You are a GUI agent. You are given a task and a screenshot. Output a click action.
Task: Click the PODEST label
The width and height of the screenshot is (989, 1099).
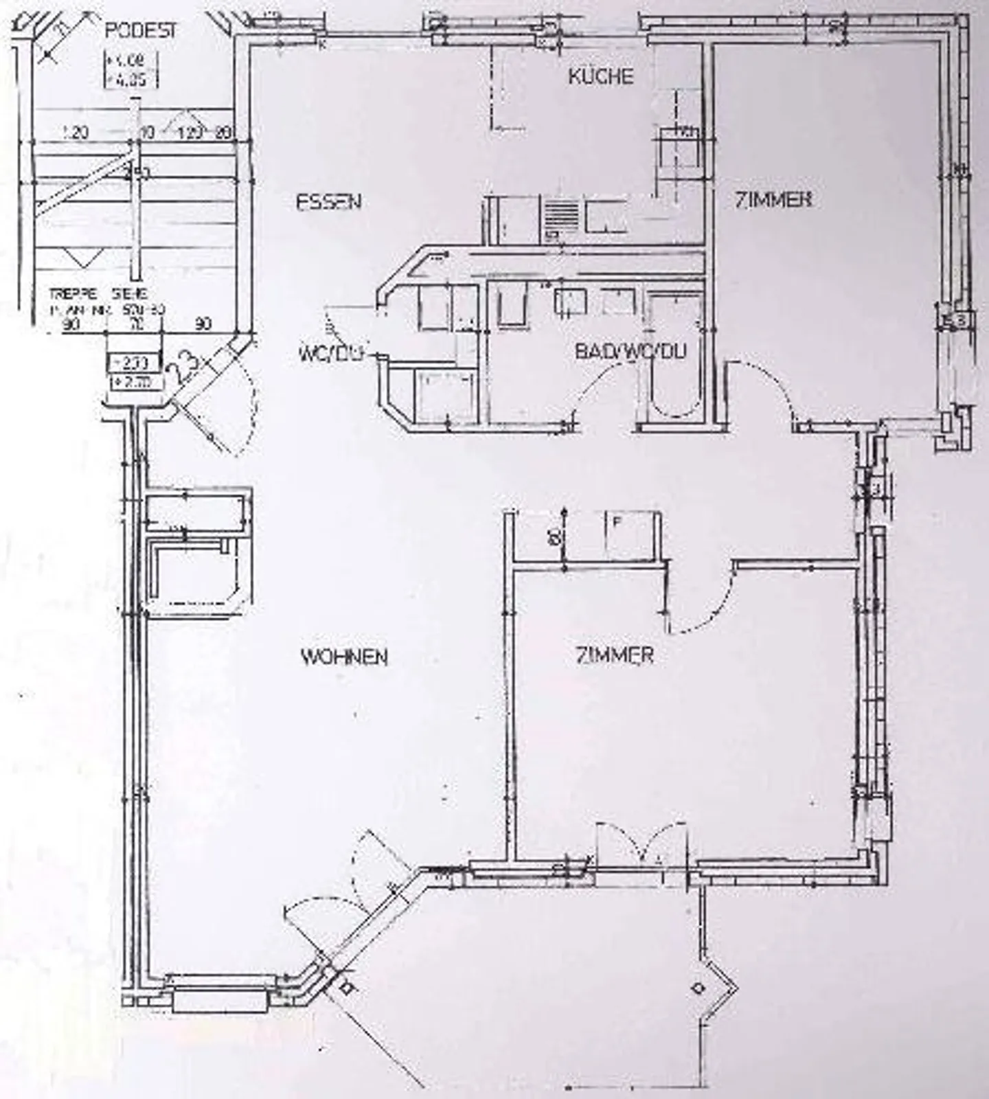click(x=140, y=31)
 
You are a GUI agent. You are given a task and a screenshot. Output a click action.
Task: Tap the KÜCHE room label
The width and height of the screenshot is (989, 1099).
click(x=601, y=76)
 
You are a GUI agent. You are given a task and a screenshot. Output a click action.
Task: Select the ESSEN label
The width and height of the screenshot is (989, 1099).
click(x=329, y=202)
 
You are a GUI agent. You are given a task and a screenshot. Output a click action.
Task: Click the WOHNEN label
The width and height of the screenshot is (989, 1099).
click(x=345, y=657)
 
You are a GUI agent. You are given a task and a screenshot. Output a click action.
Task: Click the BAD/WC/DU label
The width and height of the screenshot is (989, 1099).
click(x=630, y=352)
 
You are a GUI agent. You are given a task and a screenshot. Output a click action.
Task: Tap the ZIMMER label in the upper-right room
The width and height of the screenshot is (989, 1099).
click(x=774, y=200)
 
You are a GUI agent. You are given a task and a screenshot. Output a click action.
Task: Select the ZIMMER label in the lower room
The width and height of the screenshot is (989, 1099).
click(x=615, y=655)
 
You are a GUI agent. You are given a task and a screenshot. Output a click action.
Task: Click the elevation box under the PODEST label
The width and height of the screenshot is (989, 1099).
click(x=130, y=70)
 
